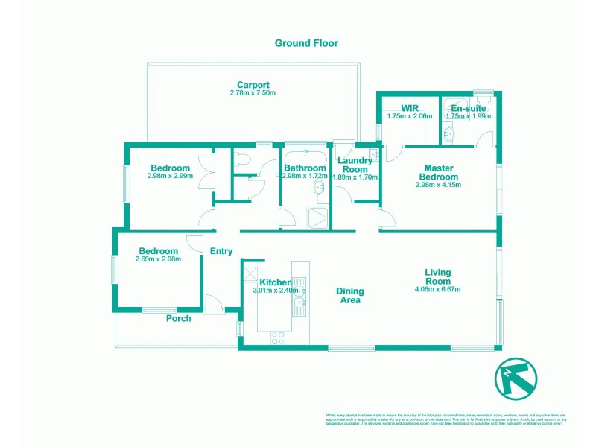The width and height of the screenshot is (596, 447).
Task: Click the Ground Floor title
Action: (306, 43)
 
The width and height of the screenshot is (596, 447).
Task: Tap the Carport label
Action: (253, 84)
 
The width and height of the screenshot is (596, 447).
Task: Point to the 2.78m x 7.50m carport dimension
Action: (253, 93)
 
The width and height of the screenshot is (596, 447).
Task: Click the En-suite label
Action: (468, 108)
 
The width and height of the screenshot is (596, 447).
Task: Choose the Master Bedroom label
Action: (438, 172)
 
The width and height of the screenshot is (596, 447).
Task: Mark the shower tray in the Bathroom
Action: (320, 218)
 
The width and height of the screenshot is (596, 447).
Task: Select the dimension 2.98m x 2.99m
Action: (170, 177)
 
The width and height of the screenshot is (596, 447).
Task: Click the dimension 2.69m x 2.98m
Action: (158, 259)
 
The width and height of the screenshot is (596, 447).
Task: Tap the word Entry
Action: (221, 251)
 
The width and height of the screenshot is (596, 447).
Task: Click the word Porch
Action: (179, 318)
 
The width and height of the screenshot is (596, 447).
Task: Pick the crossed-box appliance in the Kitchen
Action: (250, 273)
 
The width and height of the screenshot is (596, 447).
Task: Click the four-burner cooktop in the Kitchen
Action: (278, 337)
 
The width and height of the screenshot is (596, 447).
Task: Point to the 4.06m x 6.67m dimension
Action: (438, 290)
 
